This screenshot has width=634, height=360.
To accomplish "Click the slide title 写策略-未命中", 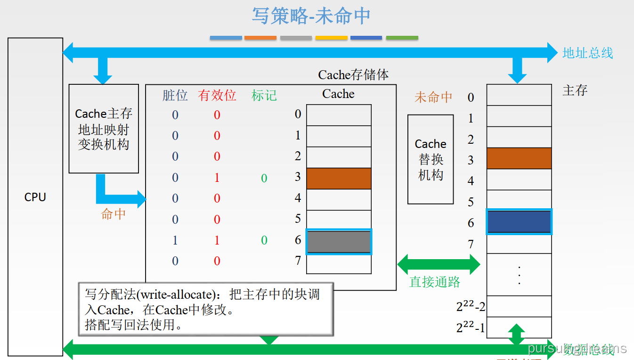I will [311, 16].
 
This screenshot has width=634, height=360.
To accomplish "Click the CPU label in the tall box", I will [35, 197].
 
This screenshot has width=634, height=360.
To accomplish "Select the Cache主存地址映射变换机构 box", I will [104, 129].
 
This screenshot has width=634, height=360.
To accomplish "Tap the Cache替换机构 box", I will [431, 159].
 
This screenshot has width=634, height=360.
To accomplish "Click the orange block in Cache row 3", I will [339, 179].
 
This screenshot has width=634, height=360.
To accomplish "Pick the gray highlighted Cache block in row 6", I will [339, 242].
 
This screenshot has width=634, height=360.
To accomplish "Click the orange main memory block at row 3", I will [519, 158].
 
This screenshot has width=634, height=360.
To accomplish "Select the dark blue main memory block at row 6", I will [519, 221].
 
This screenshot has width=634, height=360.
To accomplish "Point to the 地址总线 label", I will [588, 53].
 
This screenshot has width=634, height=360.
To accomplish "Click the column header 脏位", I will [175, 95].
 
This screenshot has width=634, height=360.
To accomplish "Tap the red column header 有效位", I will [217, 95].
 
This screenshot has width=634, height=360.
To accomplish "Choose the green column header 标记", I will [264, 95].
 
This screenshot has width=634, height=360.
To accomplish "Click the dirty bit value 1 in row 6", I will [175, 240].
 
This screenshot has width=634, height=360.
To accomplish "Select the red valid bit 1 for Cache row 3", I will [217, 178].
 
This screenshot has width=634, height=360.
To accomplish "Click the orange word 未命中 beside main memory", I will [433, 97].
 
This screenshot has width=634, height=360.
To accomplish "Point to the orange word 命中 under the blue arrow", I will [114, 214].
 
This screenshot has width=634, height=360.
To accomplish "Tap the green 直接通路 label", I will [435, 282].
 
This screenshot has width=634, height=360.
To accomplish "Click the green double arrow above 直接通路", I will [439, 264].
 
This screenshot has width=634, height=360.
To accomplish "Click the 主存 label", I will [575, 90].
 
